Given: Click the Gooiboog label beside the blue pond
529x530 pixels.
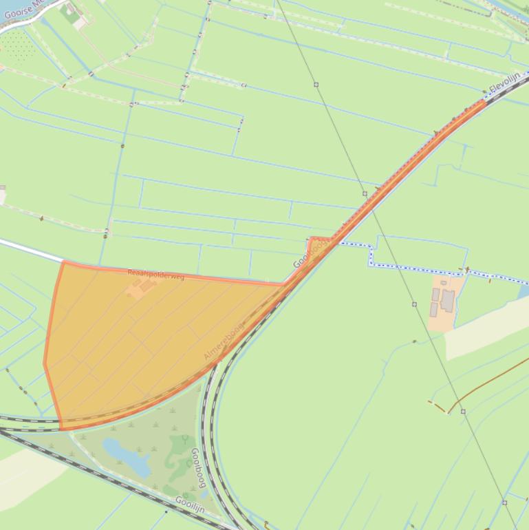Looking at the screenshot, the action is point(198,468).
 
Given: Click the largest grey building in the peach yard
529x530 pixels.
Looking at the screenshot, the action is point(448,300).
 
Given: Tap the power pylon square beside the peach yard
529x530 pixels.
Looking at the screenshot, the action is point(414,304).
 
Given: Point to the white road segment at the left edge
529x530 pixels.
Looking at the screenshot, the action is point(31,250).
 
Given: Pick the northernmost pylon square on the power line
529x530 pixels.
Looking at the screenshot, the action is point(316,85).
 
